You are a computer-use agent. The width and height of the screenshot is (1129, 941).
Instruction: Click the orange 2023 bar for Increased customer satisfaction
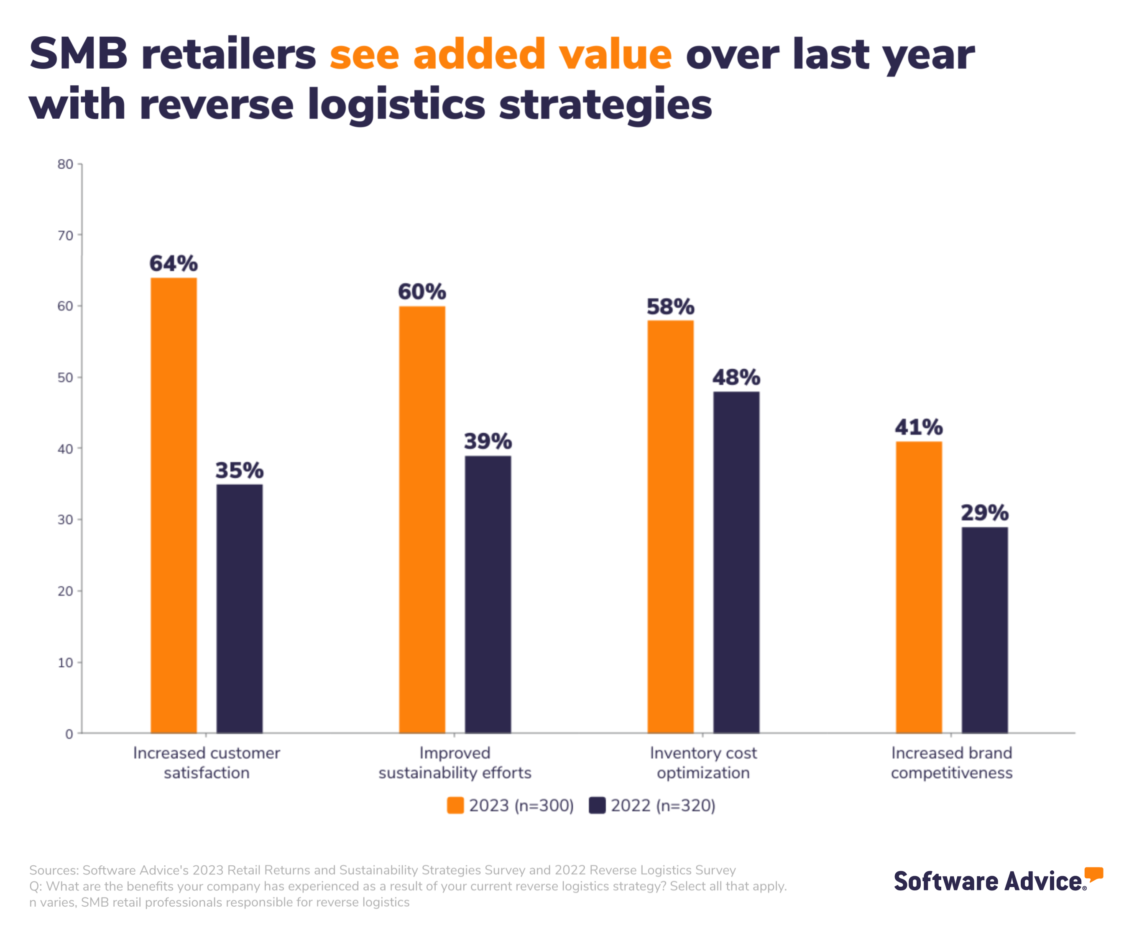click(x=174, y=506)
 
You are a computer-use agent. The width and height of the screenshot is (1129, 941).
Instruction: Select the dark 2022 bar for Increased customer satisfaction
click(x=239, y=609)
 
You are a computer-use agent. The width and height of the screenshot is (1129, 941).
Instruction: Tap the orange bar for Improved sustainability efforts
click(x=422, y=519)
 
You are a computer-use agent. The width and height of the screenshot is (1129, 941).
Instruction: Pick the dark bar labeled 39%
click(x=488, y=594)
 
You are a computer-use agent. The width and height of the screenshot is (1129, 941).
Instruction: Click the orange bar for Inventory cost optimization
click(x=670, y=527)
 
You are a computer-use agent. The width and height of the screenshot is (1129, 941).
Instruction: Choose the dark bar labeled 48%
click(x=736, y=562)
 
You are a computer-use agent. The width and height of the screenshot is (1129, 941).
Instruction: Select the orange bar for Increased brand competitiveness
click(x=919, y=587)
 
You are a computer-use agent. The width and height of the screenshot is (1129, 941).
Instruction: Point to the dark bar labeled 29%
click(x=984, y=630)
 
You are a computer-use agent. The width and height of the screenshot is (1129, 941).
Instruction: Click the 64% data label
click(x=174, y=263)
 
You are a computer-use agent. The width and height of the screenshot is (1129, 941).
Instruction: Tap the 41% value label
click(x=919, y=427)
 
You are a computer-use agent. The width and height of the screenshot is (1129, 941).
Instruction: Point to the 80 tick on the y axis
click(x=66, y=164)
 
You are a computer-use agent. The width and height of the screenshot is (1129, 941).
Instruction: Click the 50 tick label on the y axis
click(x=66, y=378)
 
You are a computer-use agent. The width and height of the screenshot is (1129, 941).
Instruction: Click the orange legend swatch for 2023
click(x=455, y=805)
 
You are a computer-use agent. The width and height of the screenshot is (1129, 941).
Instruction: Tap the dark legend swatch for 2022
click(x=597, y=805)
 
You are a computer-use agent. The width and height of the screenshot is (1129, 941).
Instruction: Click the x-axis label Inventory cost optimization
click(x=703, y=762)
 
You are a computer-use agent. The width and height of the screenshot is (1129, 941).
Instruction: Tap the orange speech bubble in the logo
click(x=1093, y=874)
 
